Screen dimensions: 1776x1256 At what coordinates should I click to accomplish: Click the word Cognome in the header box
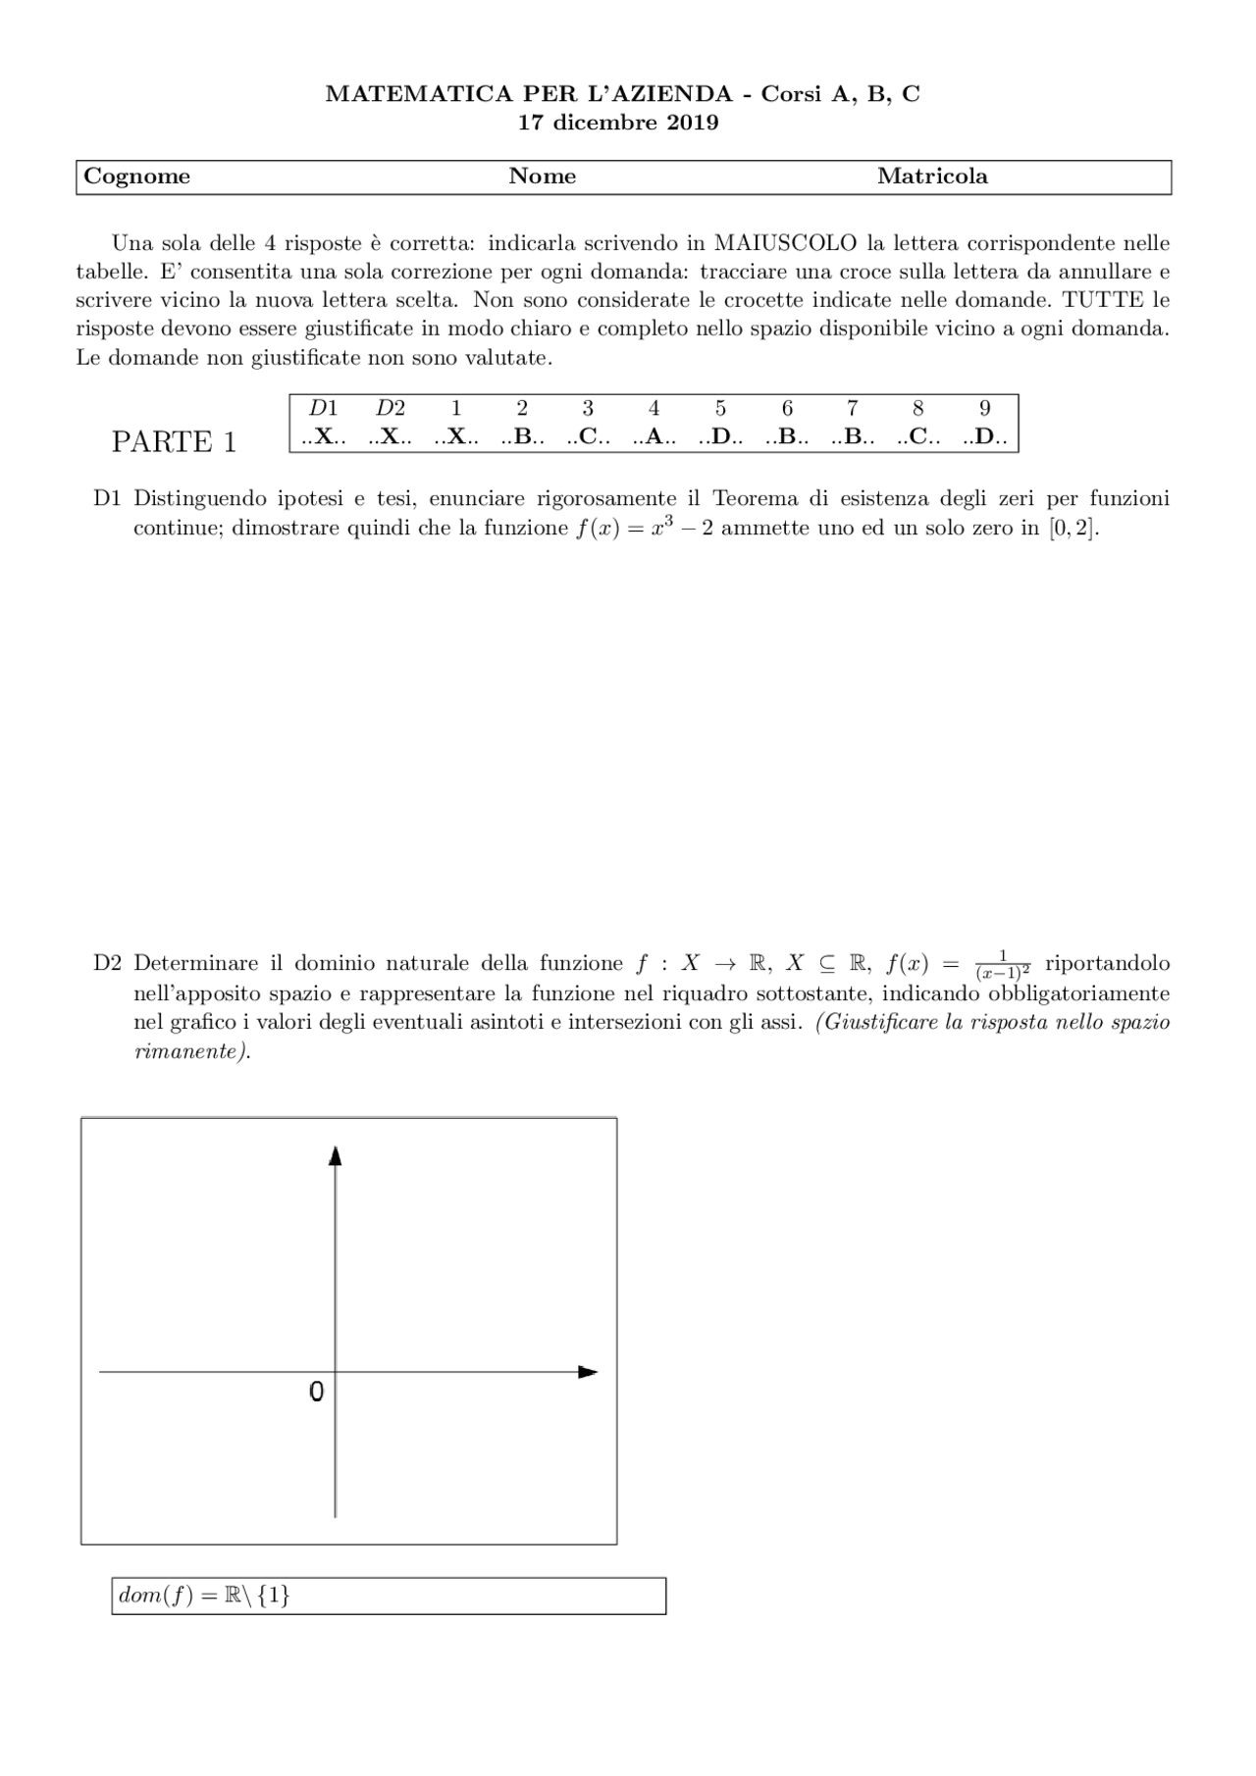[x=136, y=177]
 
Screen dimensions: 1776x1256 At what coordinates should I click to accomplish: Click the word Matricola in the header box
[x=932, y=177]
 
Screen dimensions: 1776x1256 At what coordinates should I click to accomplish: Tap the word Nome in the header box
[x=542, y=177]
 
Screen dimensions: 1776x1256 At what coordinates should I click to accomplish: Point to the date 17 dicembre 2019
[x=618, y=123]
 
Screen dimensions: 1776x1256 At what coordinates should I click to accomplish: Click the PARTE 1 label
[x=174, y=442]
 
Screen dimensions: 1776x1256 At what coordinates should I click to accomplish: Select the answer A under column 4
[x=654, y=437]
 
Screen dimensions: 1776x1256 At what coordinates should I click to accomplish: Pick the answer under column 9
[x=985, y=437]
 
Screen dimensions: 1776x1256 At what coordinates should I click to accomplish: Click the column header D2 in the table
[x=390, y=409]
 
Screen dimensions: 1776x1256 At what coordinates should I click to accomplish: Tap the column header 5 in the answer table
[x=720, y=409]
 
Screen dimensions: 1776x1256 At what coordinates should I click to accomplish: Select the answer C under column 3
[x=588, y=437]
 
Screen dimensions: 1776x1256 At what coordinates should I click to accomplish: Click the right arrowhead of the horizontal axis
[x=588, y=1372]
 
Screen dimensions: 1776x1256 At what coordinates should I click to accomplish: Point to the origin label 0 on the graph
[x=316, y=1392]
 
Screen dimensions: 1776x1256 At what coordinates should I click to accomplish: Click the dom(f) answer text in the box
[x=204, y=1597]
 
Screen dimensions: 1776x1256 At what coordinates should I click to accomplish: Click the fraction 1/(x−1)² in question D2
[x=1003, y=965]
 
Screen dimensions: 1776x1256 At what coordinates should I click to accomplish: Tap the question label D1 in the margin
[x=107, y=498]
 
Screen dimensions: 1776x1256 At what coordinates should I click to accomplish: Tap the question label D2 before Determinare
[x=107, y=964]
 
